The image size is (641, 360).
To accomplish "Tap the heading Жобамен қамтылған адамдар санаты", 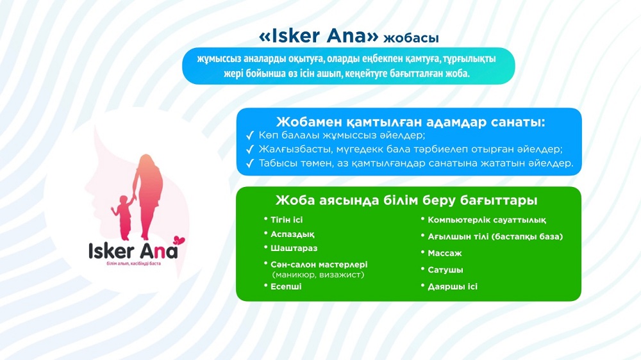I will pos(410,122).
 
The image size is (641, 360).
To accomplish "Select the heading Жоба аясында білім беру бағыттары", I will pos(406,200).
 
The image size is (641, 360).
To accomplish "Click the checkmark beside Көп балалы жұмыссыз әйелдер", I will pos(250,136).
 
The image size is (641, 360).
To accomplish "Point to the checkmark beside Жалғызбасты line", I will pos(250,149).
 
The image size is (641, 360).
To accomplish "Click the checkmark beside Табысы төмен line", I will pos(250,163).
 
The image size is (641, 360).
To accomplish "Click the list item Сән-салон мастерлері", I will pos(318,264).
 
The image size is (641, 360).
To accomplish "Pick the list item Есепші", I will pos(286,286).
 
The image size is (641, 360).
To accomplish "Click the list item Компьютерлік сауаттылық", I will pos(487,220).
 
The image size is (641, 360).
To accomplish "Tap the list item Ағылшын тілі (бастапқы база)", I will pos(495,236).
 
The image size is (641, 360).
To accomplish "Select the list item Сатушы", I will pos(445,270).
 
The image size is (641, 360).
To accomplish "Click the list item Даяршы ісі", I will pos(453,286).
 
